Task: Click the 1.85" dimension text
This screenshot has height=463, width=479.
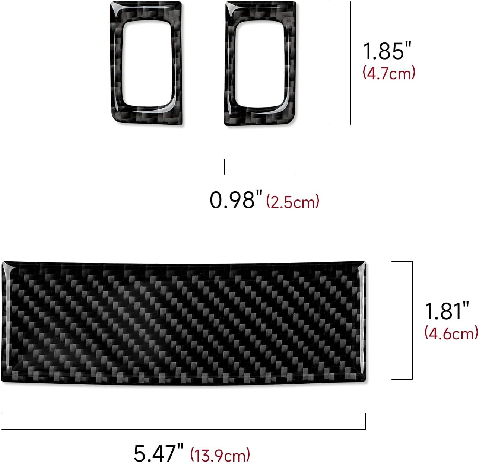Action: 384,51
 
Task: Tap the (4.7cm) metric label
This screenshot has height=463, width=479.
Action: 389,73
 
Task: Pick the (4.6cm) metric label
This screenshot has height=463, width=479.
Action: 451,333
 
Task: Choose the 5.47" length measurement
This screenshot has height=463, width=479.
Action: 159,453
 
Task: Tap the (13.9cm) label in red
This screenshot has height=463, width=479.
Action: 220,454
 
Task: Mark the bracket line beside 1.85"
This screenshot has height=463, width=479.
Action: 350,63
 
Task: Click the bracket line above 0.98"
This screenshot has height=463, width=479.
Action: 260,174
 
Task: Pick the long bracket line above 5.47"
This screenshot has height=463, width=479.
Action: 183,429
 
